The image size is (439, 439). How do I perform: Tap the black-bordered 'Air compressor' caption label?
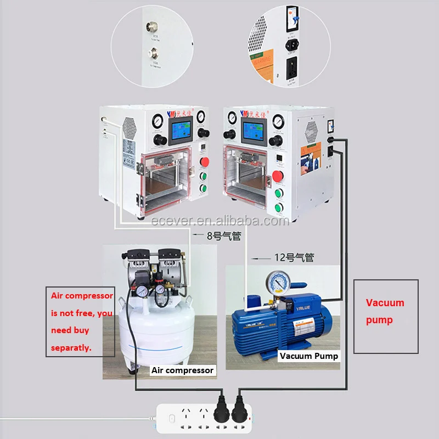pyautogui.click(x=182, y=370)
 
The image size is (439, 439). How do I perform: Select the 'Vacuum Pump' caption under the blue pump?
pyautogui.click(x=309, y=356)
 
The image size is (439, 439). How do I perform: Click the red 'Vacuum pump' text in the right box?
pyautogui.click(x=385, y=311)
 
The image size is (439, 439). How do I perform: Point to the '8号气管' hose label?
pyautogui.click(x=223, y=237)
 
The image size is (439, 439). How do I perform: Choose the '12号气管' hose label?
pyautogui.click(x=294, y=256)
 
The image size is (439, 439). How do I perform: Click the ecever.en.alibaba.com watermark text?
pyautogui.click(x=219, y=221)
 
